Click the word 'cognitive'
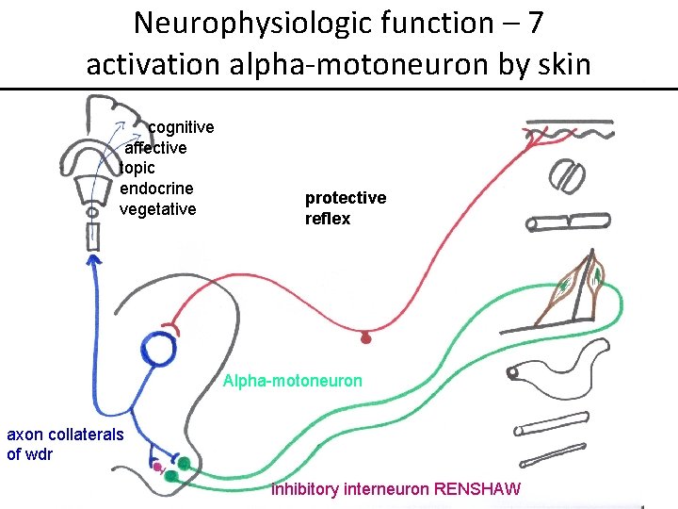click(x=181, y=127)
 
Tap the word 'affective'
click(x=156, y=148)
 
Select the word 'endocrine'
click(x=156, y=189)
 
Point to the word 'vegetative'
click(x=158, y=209)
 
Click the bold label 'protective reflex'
click(x=345, y=208)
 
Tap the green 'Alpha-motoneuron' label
click(x=292, y=382)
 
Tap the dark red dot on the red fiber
click(x=366, y=337)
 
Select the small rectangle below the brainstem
click(x=93, y=237)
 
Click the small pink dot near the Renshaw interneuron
click(x=158, y=466)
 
